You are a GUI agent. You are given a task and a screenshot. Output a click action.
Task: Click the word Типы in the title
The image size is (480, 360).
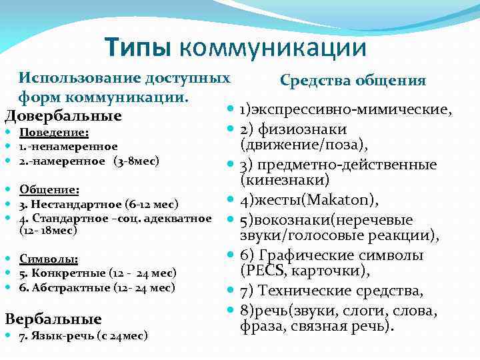[x=138, y=47]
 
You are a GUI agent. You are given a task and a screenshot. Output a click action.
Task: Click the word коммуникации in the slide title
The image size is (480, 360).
[x=273, y=47]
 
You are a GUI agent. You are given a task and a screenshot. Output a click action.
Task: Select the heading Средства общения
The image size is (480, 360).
[x=353, y=81]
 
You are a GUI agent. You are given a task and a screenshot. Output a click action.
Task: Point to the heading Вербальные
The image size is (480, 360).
[x=53, y=318]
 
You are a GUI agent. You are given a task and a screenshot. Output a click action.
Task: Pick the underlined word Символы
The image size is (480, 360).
[x=49, y=259]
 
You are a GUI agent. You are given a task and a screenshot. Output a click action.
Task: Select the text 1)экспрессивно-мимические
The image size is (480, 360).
[x=346, y=109]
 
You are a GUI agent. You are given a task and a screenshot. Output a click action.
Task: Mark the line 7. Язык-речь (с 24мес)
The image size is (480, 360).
[x=83, y=335]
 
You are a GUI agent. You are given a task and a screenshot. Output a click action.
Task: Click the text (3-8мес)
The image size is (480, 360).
[x=136, y=161]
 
